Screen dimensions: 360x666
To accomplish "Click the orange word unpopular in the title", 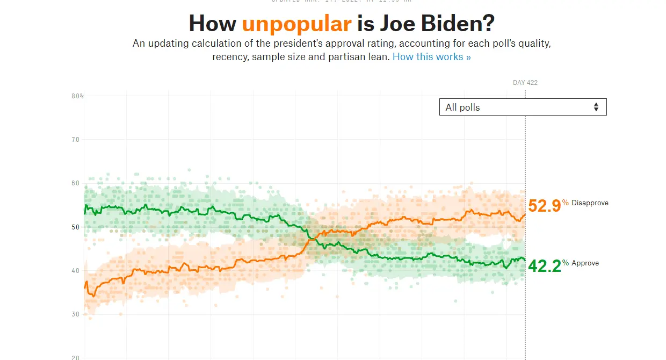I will coord(296,24).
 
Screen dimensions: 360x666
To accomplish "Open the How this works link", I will coord(431,56).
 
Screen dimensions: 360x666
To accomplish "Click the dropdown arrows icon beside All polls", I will coord(596,107).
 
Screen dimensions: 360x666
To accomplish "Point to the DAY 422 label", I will coord(525,83).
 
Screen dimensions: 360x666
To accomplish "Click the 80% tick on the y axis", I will coord(77,96).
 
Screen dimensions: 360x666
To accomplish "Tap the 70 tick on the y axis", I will coord(75,140).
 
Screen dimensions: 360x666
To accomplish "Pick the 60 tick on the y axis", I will coord(75,183).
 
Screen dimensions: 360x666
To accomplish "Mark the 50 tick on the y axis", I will coord(75,227).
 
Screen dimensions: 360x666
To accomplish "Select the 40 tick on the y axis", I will coord(75,271).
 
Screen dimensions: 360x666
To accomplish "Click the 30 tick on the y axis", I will coord(75,314).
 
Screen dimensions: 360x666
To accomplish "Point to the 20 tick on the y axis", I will coord(75,357).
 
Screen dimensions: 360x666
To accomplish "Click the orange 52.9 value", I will coord(544,206).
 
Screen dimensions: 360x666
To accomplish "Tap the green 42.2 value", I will coord(544,265).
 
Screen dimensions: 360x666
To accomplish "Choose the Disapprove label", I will coord(590,203).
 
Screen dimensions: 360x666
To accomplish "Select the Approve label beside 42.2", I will coord(585,263).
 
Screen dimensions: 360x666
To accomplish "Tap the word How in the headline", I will coord(213,24).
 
